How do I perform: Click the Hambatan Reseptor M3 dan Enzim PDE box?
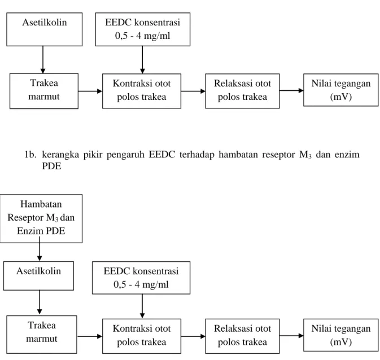point(41,218)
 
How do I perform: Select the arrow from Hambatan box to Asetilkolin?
point(40,249)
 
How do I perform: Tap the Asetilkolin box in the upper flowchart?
point(45,29)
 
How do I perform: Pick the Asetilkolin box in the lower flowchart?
point(38,276)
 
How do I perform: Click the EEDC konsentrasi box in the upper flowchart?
point(143,29)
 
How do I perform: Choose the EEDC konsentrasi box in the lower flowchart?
point(141,278)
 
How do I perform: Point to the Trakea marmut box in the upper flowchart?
point(44,91)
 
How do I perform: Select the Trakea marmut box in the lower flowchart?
point(42,334)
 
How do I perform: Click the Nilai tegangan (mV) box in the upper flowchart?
point(340,90)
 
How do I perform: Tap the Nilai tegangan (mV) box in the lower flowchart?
point(340,335)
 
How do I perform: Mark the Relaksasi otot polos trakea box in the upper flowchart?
point(242,91)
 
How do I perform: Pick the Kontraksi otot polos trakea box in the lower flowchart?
point(142,336)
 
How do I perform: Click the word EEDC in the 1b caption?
point(162,154)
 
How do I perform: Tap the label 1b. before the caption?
point(30,155)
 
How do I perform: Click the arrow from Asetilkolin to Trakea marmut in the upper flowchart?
point(43,60)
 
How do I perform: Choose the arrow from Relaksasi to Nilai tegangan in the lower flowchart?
point(291,336)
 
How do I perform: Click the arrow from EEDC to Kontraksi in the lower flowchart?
point(142,306)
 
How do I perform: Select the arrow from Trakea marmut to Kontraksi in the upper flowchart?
point(90,91)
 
